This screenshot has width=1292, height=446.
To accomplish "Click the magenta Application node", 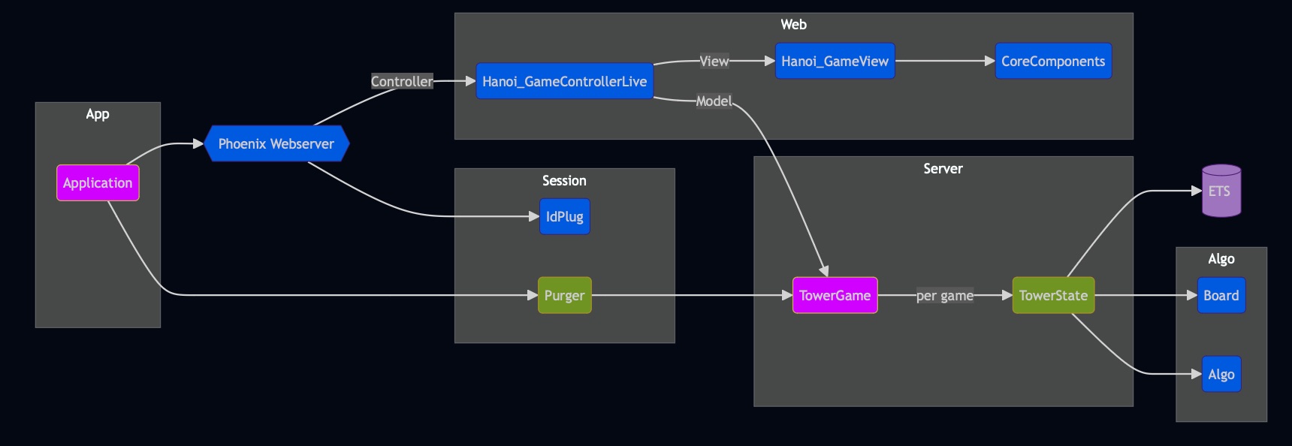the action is tap(98, 183).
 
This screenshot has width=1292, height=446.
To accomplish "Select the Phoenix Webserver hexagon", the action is tap(276, 143).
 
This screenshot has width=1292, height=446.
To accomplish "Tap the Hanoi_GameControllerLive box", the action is tap(565, 81).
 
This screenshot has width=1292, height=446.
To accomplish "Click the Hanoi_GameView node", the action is tap(835, 61).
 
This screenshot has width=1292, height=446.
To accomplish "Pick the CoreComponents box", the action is tap(1053, 61).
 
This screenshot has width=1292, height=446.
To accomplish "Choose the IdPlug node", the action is tap(565, 216).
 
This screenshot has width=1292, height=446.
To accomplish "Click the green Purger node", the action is tap(565, 295).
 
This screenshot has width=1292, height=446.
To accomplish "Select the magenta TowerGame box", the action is tap(835, 295).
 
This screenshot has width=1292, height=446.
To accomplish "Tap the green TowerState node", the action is tap(1053, 295).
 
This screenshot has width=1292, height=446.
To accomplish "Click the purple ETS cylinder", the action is tap(1221, 191).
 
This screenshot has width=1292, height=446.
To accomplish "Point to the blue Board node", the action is tap(1221, 295).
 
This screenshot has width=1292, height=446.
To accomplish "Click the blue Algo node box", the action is tap(1221, 374).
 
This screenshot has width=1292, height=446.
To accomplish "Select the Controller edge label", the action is tap(402, 81).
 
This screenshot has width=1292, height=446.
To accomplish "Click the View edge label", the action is tap(714, 61).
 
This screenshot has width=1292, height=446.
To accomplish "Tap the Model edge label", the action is tap(714, 101).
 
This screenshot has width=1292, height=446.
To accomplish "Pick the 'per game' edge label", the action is tap(945, 295).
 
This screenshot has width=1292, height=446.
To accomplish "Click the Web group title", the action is tap(794, 24).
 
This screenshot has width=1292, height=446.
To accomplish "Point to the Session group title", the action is tap(564, 180).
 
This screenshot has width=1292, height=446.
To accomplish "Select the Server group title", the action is tap(943, 168).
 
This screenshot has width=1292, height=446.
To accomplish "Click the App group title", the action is tap(98, 114).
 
